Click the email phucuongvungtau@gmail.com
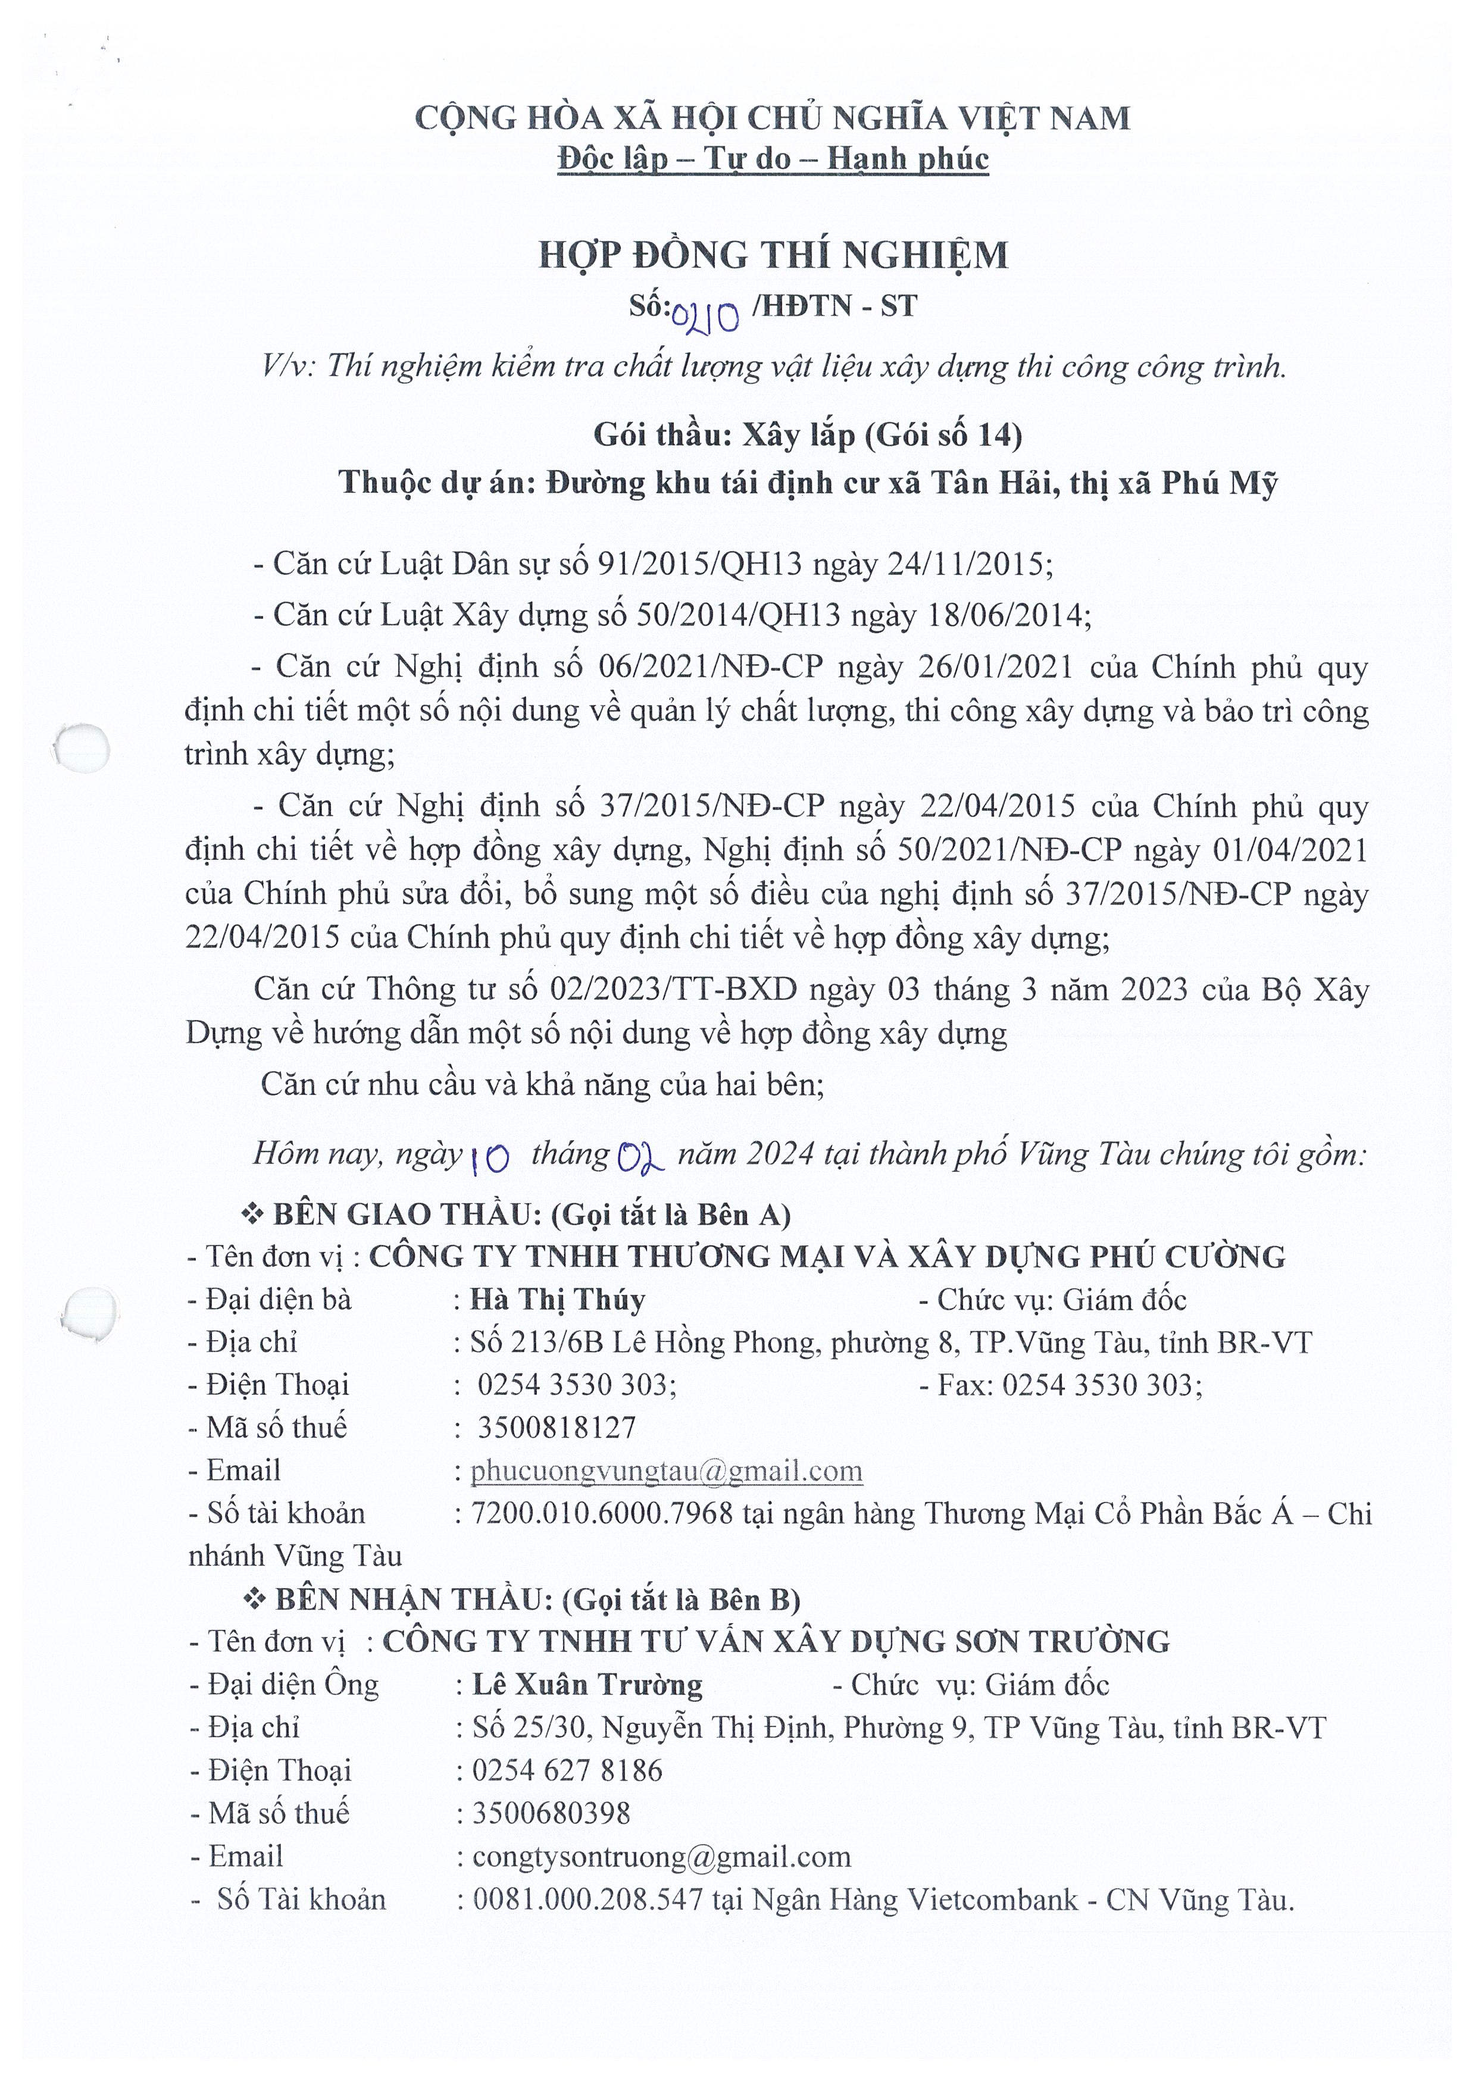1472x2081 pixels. [x=666, y=1470]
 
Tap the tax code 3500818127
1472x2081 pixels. [x=557, y=1428]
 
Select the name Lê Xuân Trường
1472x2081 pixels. [x=587, y=1685]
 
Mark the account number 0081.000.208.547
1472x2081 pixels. [x=588, y=1900]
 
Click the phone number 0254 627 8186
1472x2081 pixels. [x=567, y=1770]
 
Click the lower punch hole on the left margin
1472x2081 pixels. [x=90, y=1312]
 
